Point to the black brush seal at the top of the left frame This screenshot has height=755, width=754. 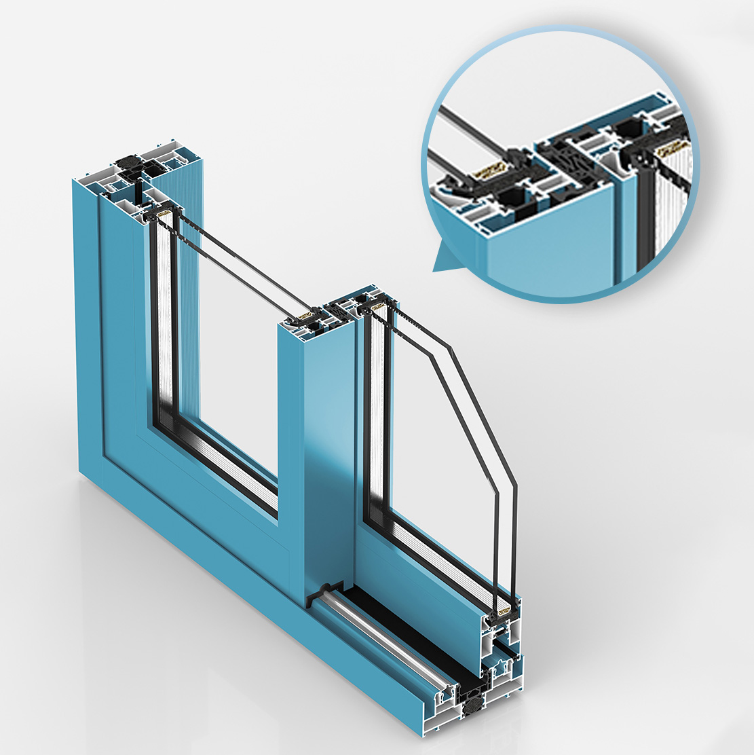129,164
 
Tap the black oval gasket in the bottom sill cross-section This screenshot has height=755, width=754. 470,710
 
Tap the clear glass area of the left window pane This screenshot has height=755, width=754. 231,339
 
